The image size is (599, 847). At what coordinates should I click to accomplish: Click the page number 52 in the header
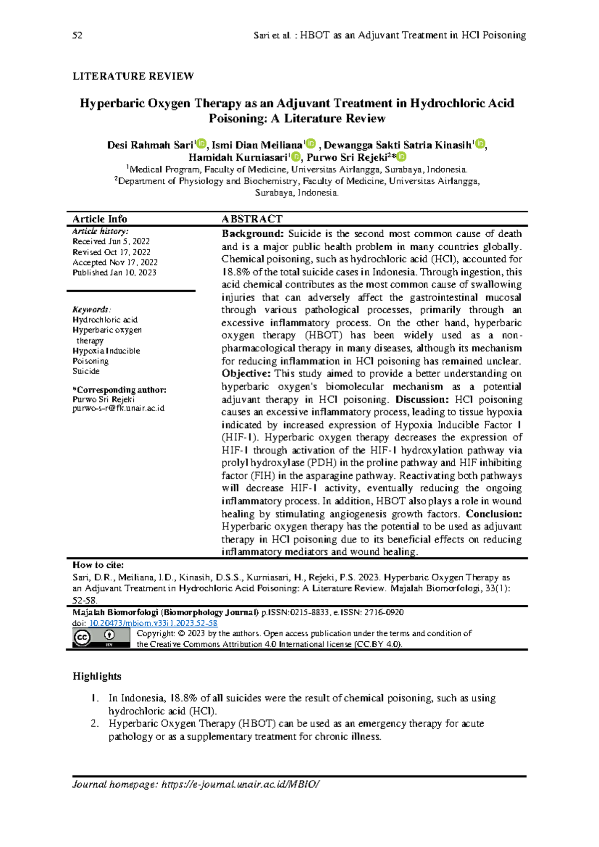click(x=77, y=35)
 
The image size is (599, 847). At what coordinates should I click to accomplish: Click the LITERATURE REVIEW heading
click(x=133, y=76)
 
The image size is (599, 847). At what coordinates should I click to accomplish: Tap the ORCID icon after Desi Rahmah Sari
click(x=201, y=144)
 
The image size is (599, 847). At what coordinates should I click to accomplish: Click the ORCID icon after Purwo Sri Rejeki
click(x=401, y=157)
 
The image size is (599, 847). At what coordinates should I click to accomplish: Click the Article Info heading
click(x=100, y=219)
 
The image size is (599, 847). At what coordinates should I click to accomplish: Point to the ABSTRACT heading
click(x=252, y=219)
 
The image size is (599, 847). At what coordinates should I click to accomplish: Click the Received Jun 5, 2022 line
click(x=111, y=241)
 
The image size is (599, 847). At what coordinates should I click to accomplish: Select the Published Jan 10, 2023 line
click(x=114, y=273)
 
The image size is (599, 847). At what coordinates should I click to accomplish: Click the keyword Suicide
click(x=86, y=371)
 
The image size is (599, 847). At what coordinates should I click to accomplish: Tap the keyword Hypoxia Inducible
click(x=106, y=351)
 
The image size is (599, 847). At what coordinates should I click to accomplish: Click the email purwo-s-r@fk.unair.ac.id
click(x=118, y=408)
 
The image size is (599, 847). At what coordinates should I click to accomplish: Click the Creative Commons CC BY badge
click(x=101, y=638)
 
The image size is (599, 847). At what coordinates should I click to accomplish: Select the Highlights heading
click(x=97, y=676)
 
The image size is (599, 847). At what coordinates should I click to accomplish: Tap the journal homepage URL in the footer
click(x=240, y=785)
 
